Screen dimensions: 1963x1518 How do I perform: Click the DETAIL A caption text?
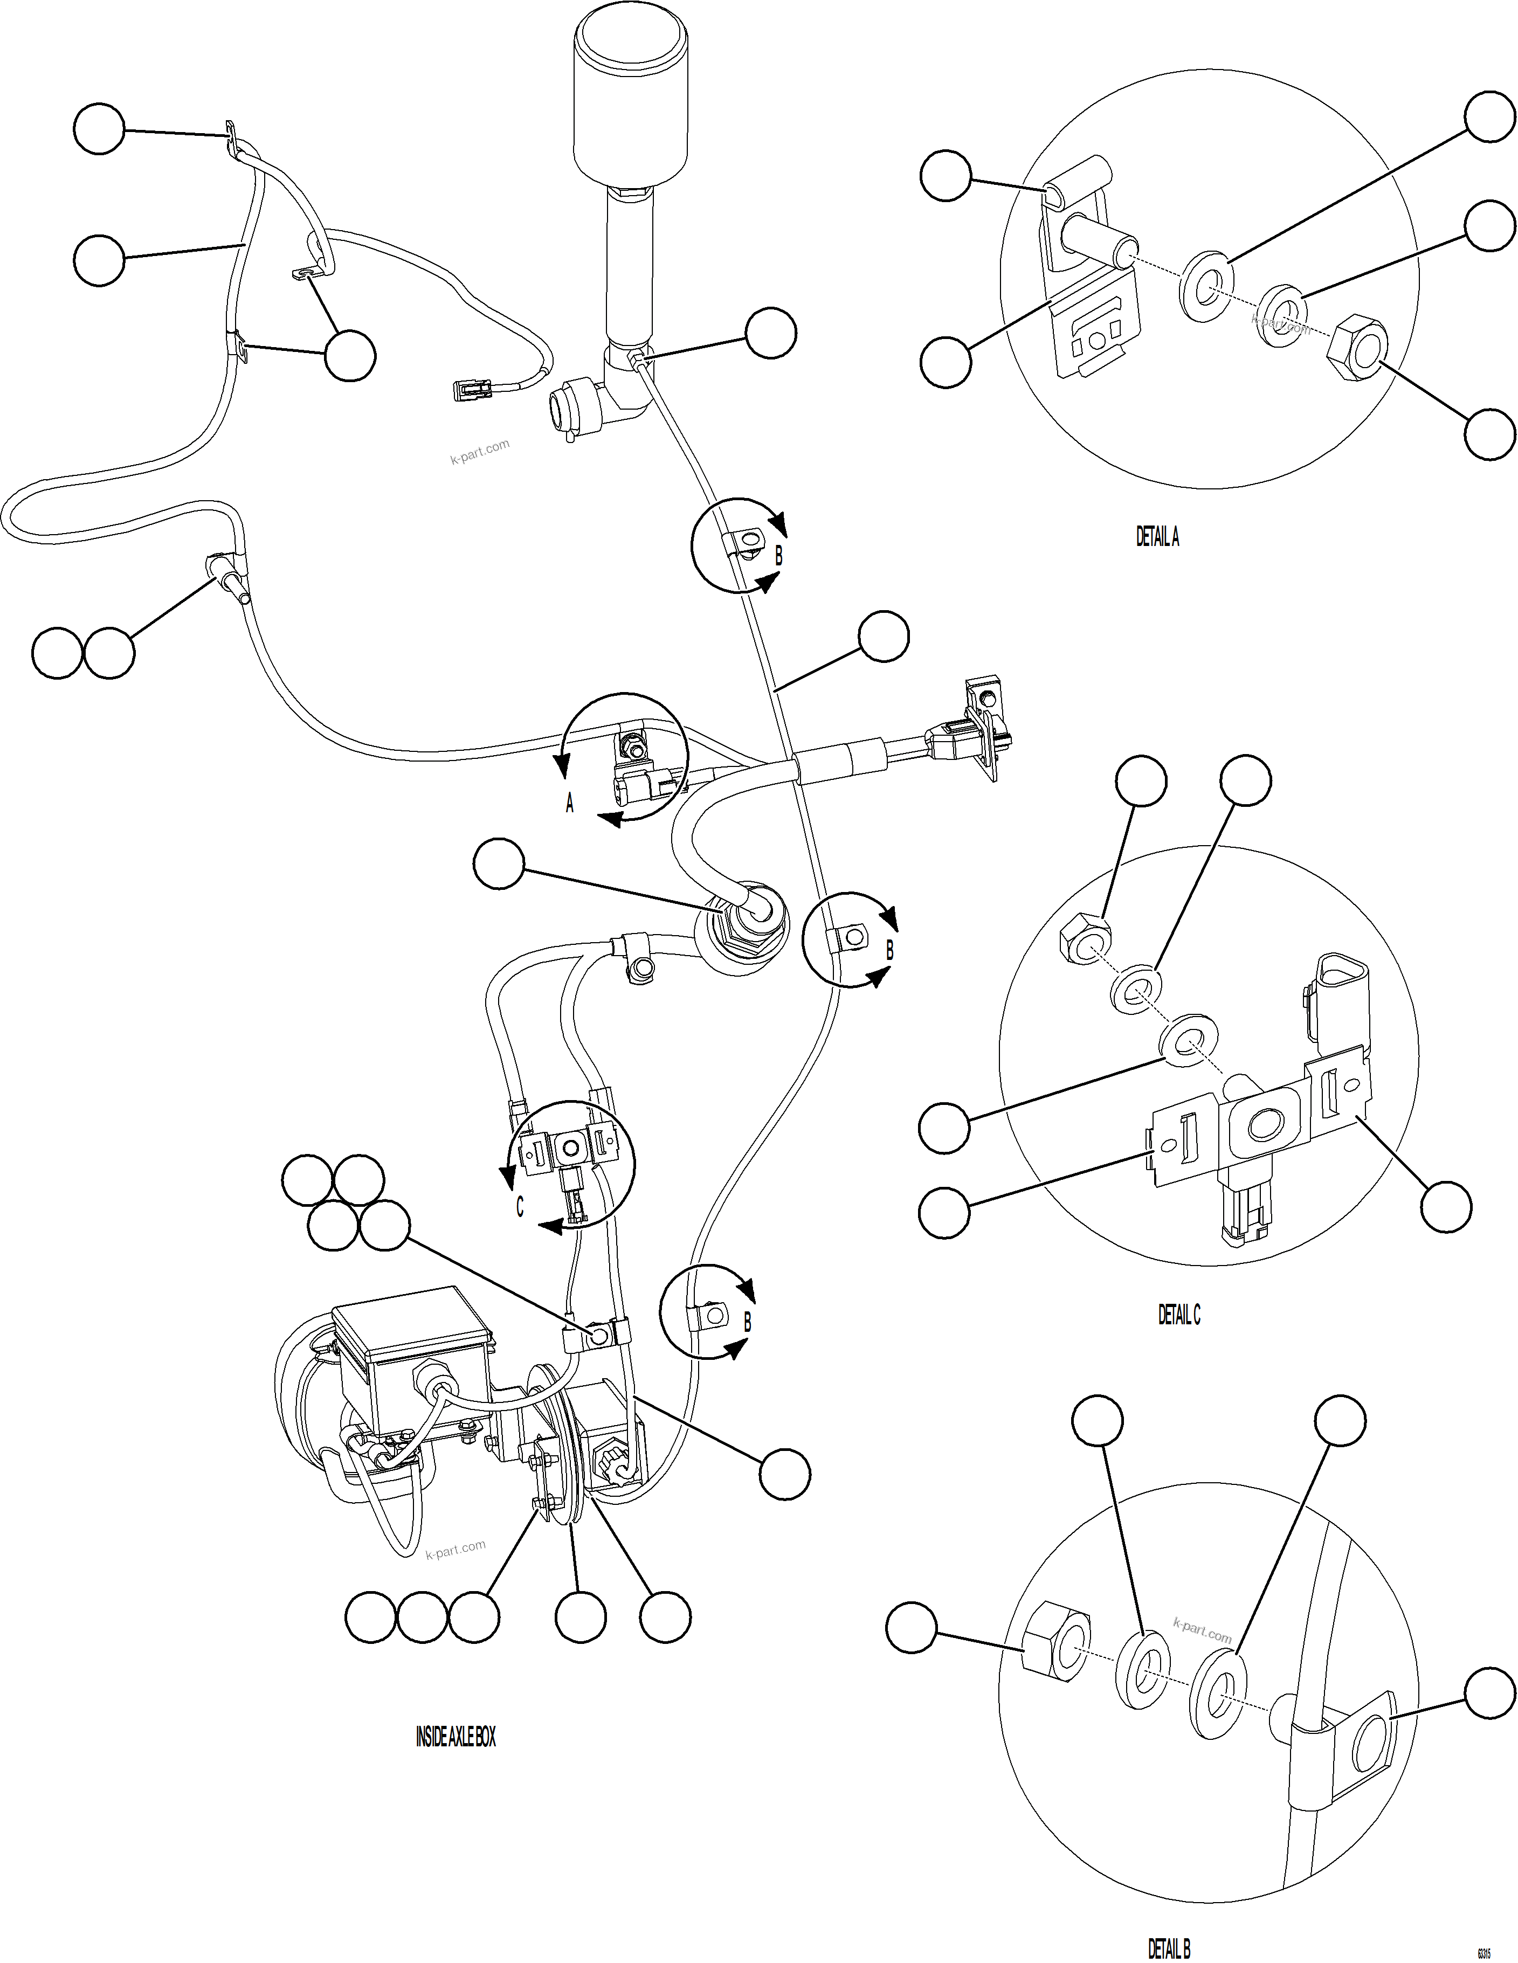click(x=1157, y=537)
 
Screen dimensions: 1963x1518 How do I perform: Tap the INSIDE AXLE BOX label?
click(x=455, y=1737)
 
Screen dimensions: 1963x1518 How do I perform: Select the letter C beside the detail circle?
click(x=520, y=1207)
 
